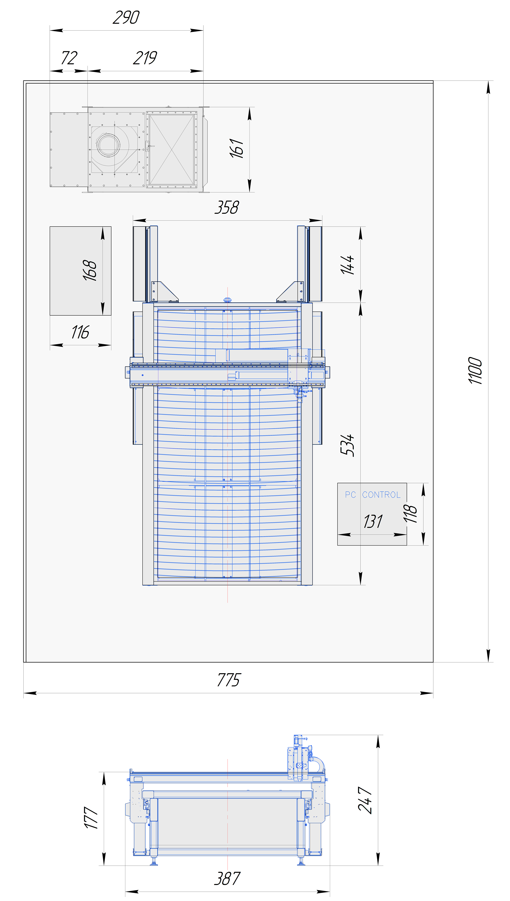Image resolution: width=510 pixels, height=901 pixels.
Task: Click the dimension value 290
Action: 126,17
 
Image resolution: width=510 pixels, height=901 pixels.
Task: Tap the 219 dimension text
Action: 145,58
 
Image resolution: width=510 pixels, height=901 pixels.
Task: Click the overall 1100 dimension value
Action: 475,370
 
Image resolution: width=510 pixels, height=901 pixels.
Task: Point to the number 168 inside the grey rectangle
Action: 90,270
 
